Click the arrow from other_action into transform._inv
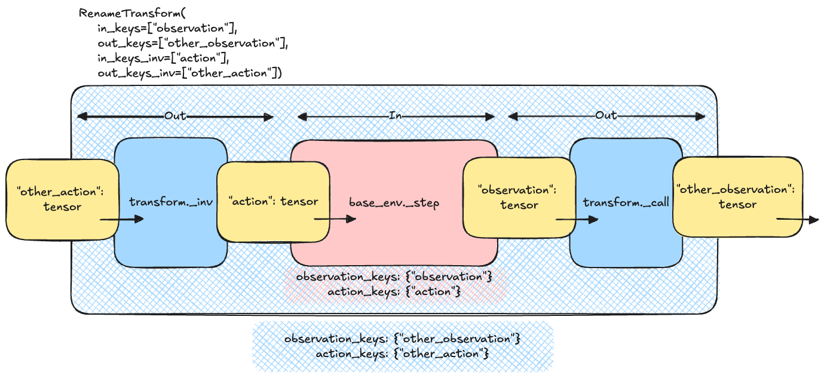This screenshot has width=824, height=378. point(122,220)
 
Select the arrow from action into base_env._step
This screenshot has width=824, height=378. point(335,219)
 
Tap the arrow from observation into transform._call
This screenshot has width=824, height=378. point(577,220)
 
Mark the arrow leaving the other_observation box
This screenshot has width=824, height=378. point(798,220)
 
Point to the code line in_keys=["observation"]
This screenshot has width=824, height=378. point(167,27)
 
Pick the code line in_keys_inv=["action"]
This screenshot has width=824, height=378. point(164,58)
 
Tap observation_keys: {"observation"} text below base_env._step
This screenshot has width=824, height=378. point(395,278)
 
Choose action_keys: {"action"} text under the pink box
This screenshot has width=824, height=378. point(394,292)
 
